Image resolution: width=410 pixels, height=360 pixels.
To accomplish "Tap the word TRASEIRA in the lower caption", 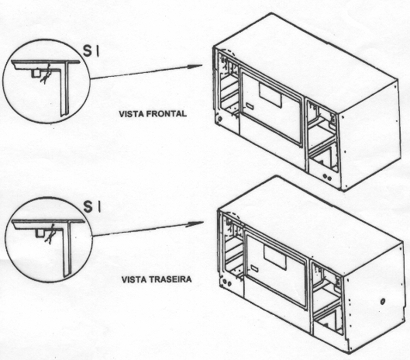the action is pos(171,279).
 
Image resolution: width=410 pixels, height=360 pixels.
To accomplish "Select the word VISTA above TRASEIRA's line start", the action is pos(135,279).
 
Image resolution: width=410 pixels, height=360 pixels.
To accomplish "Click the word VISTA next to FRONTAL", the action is pos(132,114).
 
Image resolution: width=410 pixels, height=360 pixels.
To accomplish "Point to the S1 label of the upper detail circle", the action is pos(91,50).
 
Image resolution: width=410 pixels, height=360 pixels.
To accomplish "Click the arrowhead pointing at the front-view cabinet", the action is pos(195,66).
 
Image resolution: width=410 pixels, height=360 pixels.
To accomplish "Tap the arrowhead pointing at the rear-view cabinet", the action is pos(196,224).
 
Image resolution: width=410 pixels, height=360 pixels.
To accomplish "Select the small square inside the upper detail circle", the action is pos(36,73).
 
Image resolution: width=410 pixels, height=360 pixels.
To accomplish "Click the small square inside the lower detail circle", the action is pos(40,233).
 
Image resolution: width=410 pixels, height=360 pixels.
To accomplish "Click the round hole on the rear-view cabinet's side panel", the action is pos(383,301).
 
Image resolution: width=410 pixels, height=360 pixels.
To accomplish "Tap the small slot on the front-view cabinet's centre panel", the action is pos(250,106).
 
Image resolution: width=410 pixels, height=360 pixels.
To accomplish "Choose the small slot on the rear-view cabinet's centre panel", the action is pos(254,268).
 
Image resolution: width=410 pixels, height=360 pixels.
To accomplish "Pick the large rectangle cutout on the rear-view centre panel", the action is pos(274,258).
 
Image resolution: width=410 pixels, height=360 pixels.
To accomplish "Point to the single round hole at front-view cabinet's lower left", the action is pos(220,119).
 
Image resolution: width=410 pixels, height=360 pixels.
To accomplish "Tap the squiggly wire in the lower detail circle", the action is pos(50,234).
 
